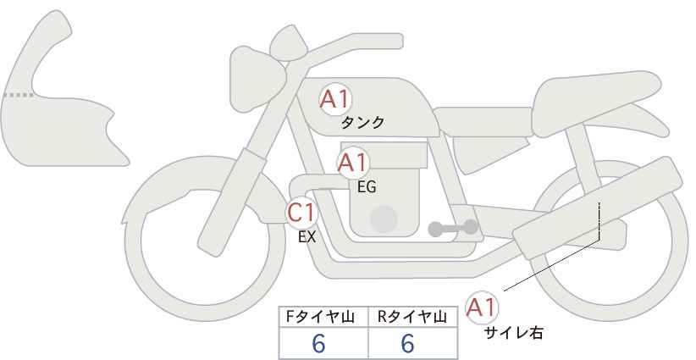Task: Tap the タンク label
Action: coord(362,123)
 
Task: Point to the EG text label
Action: coord(367,187)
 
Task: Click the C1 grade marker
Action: coord(301,213)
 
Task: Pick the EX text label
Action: coord(307,237)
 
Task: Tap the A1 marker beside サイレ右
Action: coord(482,307)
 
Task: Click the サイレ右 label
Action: coord(514,333)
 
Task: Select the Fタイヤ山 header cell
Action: coord(323,317)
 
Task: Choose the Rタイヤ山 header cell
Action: coord(413,317)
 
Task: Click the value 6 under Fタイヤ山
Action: coord(318,343)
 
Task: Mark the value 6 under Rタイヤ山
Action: coord(407,343)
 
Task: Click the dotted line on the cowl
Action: coord(18,95)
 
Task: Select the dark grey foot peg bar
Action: coord(453,228)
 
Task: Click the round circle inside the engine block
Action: coord(384,219)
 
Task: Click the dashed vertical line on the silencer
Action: coord(599,220)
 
